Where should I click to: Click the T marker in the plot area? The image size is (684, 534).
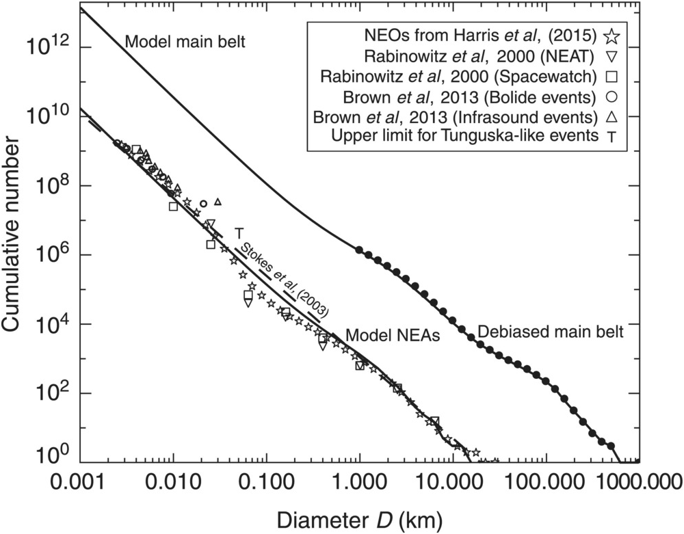pos(239,233)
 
